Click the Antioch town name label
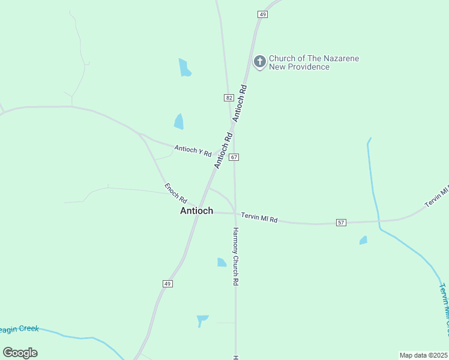tap(196, 211)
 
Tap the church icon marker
tap(259, 62)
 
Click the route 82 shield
tap(229, 97)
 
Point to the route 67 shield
tap(234, 157)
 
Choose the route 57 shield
tap(341, 223)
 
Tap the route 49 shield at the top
tap(262, 14)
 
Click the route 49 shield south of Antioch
tap(167, 283)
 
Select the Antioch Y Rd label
tap(193, 150)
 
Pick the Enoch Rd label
tap(176, 193)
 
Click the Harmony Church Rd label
tap(237, 256)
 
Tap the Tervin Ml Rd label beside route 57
tap(259, 217)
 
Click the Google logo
tap(20, 352)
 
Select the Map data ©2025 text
tap(424, 355)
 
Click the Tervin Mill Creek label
tap(444, 309)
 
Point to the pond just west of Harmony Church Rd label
tap(221, 262)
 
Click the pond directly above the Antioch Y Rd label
tap(179, 121)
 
